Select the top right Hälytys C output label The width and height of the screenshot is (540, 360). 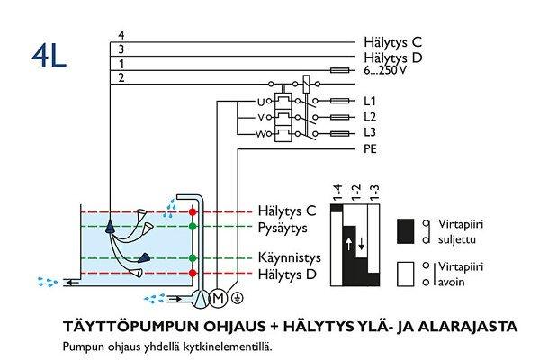(x=391, y=41)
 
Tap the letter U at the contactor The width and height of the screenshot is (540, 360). (x=261, y=101)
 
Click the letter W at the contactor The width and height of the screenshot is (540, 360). (x=261, y=134)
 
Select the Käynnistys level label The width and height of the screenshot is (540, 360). (x=289, y=256)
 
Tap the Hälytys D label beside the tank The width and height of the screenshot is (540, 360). (x=287, y=272)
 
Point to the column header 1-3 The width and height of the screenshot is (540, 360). (x=374, y=192)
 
